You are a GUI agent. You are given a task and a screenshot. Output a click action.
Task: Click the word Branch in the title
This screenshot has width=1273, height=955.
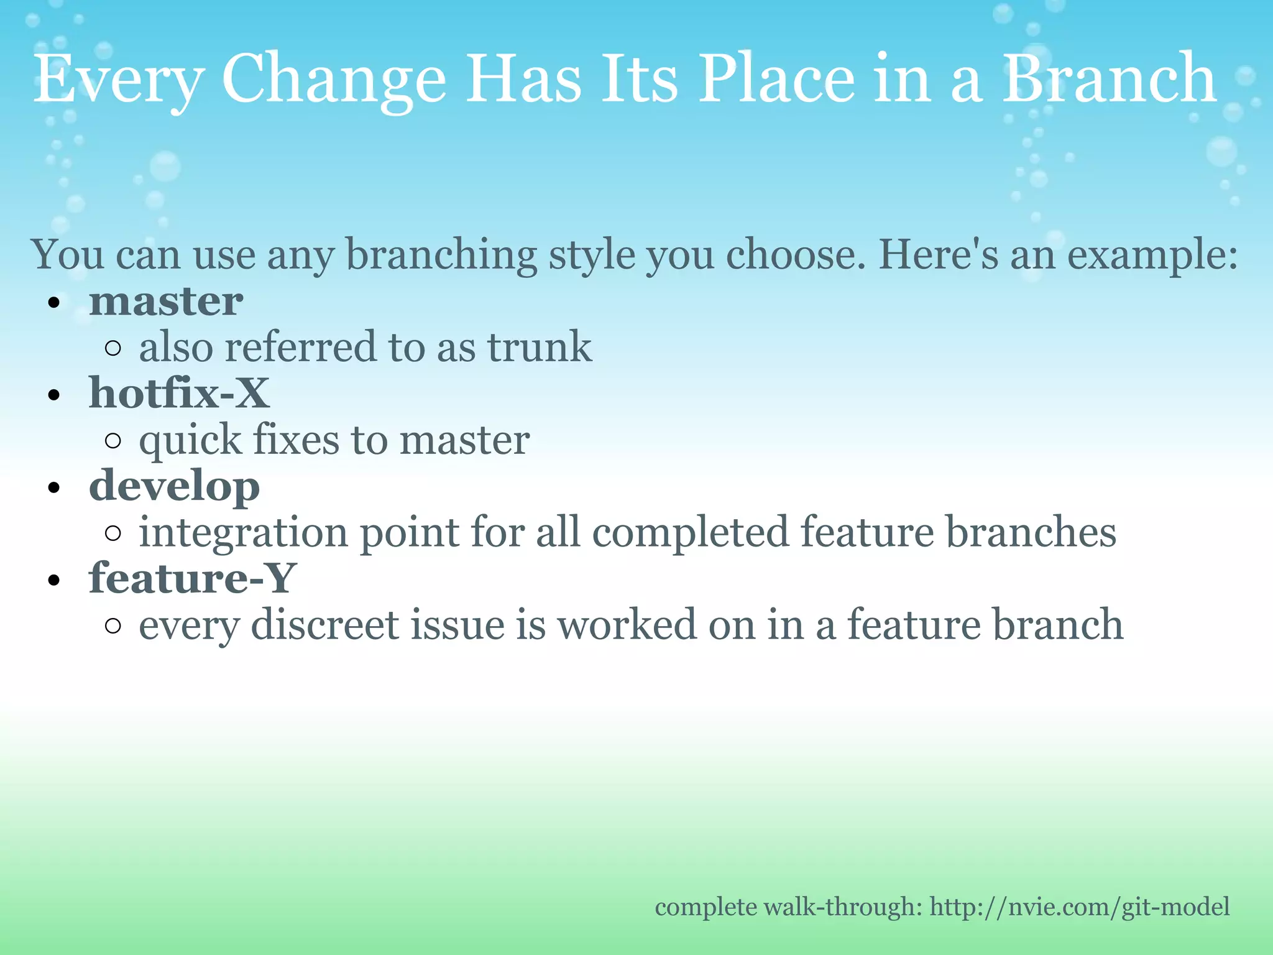tap(1109, 79)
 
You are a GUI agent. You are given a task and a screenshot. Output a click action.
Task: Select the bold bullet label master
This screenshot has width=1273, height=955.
tap(166, 302)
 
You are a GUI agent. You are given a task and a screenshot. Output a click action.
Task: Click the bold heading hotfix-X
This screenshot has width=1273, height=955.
tap(179, 394)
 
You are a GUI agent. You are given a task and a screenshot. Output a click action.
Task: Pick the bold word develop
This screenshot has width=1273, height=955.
tap(174, 487)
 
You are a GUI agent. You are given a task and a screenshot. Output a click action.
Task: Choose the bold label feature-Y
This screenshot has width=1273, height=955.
tap(192, 579)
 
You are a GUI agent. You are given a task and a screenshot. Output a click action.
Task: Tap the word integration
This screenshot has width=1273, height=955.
tap(243, 533)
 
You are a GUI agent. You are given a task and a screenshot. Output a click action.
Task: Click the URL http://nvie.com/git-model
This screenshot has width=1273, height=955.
tap(1080, 907)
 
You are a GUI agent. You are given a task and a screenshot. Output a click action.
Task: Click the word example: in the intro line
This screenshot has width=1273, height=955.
tap(1152, 255)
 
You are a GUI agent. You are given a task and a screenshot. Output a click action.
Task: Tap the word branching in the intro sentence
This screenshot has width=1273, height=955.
tap(441, 255)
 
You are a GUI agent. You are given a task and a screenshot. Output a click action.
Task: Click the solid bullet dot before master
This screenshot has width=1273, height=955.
tap(54, 303)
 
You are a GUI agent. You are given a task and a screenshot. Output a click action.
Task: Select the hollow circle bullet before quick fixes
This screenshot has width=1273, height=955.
tap(113, 441)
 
